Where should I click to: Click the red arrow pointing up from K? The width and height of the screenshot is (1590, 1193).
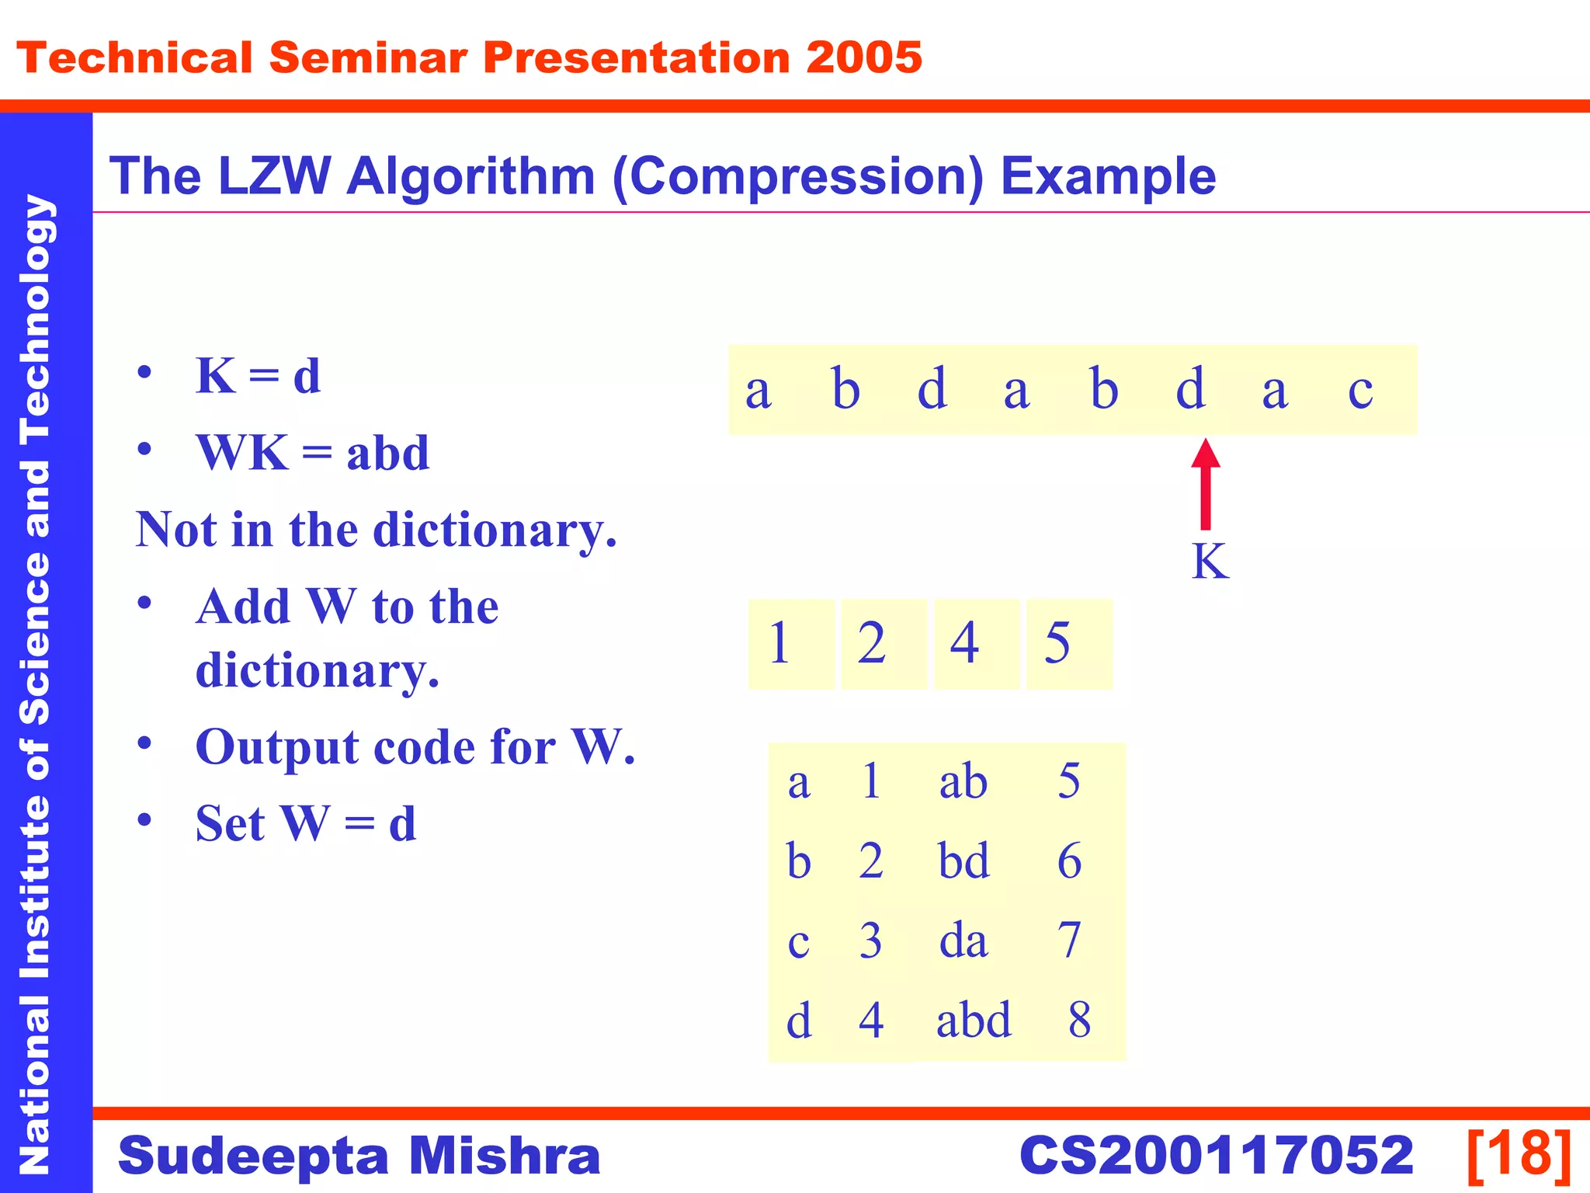click(x=1205, y=485)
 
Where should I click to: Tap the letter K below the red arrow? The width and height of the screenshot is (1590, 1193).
click(x=1210, y=561)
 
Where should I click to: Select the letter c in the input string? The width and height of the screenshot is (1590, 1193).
click(x=1360, y=390)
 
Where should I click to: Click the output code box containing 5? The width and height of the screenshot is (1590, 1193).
click(x=1068, y=644)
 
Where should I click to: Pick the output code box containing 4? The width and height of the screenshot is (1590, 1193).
click(x=976, y=644)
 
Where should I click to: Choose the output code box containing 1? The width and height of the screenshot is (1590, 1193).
click(x=790, y=644)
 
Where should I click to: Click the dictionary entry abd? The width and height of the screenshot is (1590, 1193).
click(x=974, y=1020)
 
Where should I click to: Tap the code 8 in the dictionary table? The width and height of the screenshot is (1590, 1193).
click(x=1079, y=1020)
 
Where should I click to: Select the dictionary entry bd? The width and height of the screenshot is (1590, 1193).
click(x=963, y=861)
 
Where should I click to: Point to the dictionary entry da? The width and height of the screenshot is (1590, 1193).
click(x=963, y=940)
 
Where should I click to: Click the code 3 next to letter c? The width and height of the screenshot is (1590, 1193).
click(x=870, y=941)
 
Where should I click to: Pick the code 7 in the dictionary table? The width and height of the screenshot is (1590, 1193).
click(x=1069, y=940)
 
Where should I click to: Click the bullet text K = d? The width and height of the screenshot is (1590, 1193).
click(x=258, y=376)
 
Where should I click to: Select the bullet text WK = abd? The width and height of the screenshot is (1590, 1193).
click(x=312, y=453)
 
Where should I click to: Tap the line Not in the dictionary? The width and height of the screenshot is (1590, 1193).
click(x=377, y=530)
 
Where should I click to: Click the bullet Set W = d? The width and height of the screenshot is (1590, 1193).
click(x=306, y=823)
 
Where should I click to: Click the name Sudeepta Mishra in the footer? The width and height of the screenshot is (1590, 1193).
click(x=359, y=1156)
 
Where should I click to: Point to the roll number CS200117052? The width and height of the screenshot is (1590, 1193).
click(x=1216, y=1156)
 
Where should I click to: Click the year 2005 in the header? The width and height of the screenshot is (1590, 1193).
click(x=863, y=58)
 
